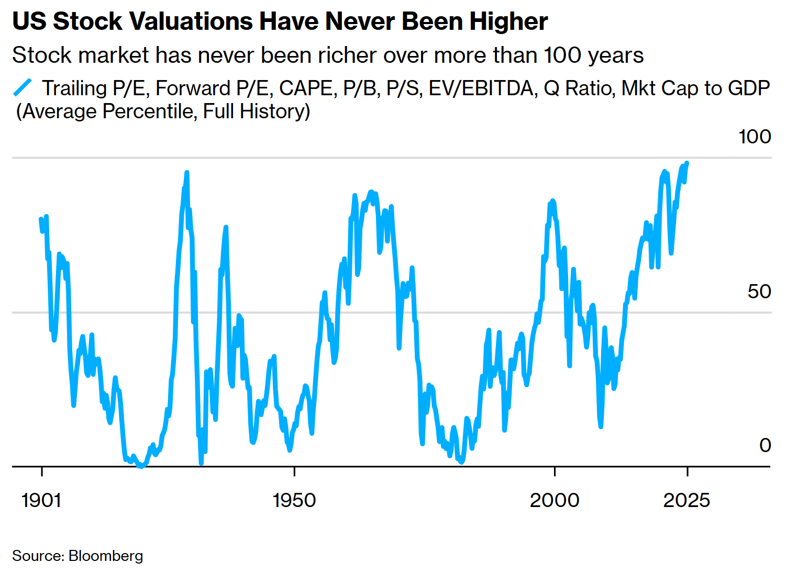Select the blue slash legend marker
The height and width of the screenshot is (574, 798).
point(23,87)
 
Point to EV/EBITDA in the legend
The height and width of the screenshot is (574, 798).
point(481,88)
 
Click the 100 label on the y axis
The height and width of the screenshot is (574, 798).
point(755,137)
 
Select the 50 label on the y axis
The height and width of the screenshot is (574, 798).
point(759,291)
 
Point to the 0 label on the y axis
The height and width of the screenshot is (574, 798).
point(765,445)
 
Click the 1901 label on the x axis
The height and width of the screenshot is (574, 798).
point(41,501)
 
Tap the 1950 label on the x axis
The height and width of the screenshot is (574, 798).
point(294,501)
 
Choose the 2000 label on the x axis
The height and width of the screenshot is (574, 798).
point(555,501)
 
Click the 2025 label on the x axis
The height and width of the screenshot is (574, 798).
point(686,501)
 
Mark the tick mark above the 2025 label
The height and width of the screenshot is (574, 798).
point(687,472)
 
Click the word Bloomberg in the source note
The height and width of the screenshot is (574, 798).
point(106,556)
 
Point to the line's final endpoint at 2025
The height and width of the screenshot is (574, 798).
point(687,163)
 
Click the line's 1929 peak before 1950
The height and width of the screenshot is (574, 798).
point(186,173)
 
